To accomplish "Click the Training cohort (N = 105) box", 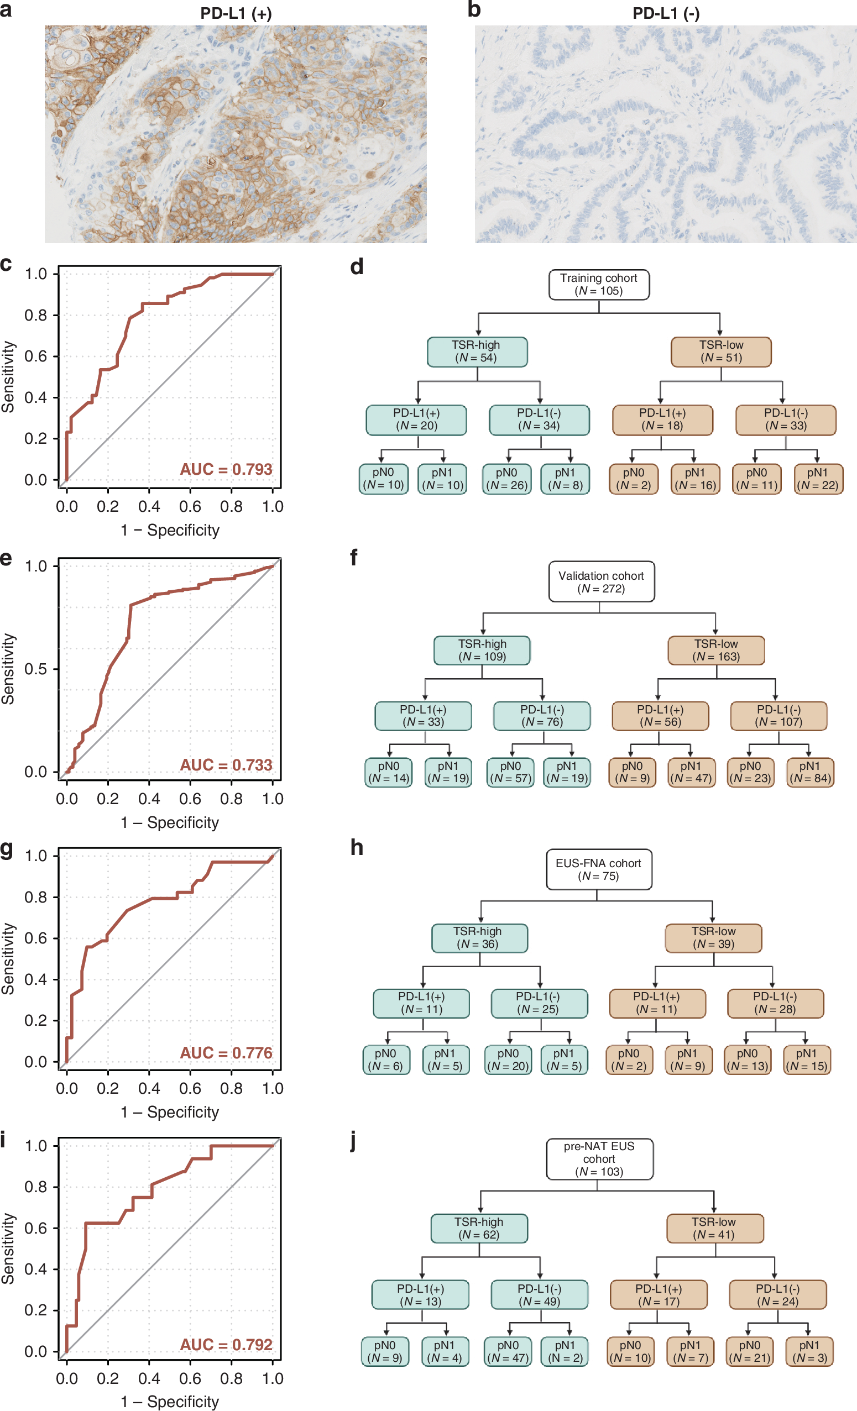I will tap(599, 285).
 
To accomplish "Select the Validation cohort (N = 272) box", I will tap(601, 581).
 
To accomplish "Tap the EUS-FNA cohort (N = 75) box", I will tap(599, 869).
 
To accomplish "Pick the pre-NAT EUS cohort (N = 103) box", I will tap(599, 1158).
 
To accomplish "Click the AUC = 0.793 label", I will tap(226, 470).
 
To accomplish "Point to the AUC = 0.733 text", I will tap(226, 765).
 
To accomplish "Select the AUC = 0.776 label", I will tap(226, 1053).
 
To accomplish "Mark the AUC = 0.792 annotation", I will tap(226, 1345).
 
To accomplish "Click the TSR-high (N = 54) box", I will tap(477, 352).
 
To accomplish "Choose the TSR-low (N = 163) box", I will tap(716, 650).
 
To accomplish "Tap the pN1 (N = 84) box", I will tap(809, 773).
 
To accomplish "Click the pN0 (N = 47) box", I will tap(508, 1351).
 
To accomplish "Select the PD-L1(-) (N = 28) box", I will tap(775, 1003).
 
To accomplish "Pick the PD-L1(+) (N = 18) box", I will tap(662, 419).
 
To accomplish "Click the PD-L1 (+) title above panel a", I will tap(236, 13).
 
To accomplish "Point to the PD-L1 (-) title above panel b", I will tap(666, 13).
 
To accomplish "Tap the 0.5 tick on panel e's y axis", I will tap(35, 669).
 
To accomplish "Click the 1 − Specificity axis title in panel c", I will tap(170, 530).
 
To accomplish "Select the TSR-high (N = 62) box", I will tap(479, 1228).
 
